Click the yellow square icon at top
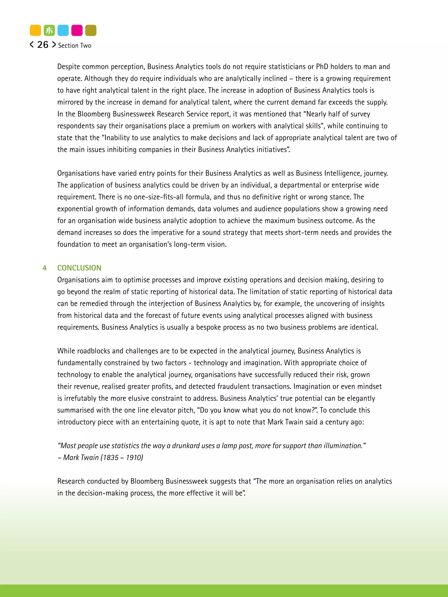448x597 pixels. (x=35, y=30)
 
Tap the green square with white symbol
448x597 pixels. (x=49, y=30)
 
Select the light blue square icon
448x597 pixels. (x=63, y=30)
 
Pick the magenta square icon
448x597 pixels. (x=77, y=30)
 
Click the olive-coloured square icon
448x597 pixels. (x=91, y=30)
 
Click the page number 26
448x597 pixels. (x=43, y=45)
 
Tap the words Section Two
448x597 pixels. (x=75, y=46)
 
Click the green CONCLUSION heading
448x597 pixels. (x=79, y=268)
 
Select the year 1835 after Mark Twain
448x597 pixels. (x=111, y=458)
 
